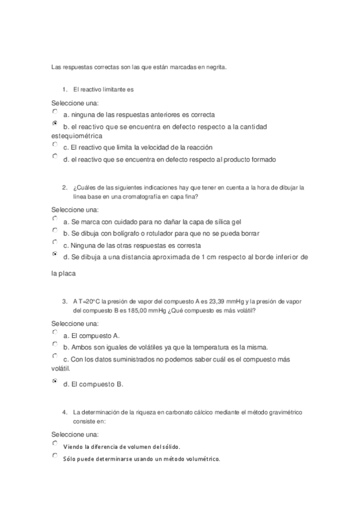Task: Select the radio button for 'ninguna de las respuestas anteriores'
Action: [x=55, y=112]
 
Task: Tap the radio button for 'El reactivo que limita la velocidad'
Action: [x=55, y=144]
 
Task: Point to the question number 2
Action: [x=64, y=187]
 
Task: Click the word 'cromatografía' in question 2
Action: [x=139, y=196]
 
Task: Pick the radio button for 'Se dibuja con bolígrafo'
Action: [x=55, y=230]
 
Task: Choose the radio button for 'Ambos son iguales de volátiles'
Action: [x=55, y=345]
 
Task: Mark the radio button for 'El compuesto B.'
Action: [x=55, y=381]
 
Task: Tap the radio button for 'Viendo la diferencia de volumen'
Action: [x=55, y=444]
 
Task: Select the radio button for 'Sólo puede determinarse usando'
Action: [x=55, y=456]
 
